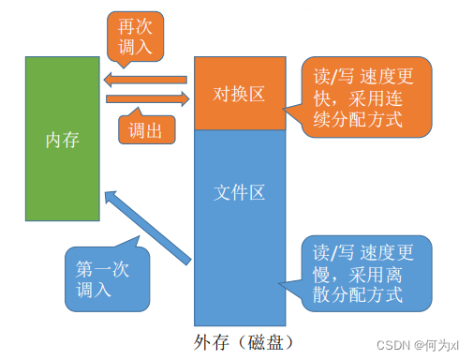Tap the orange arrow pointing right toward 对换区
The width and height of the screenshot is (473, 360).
(145, 98)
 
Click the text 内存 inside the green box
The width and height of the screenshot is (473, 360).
(62, 141)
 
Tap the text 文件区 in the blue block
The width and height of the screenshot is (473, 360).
(240, 192)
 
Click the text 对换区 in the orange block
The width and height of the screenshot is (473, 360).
(240, 95)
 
